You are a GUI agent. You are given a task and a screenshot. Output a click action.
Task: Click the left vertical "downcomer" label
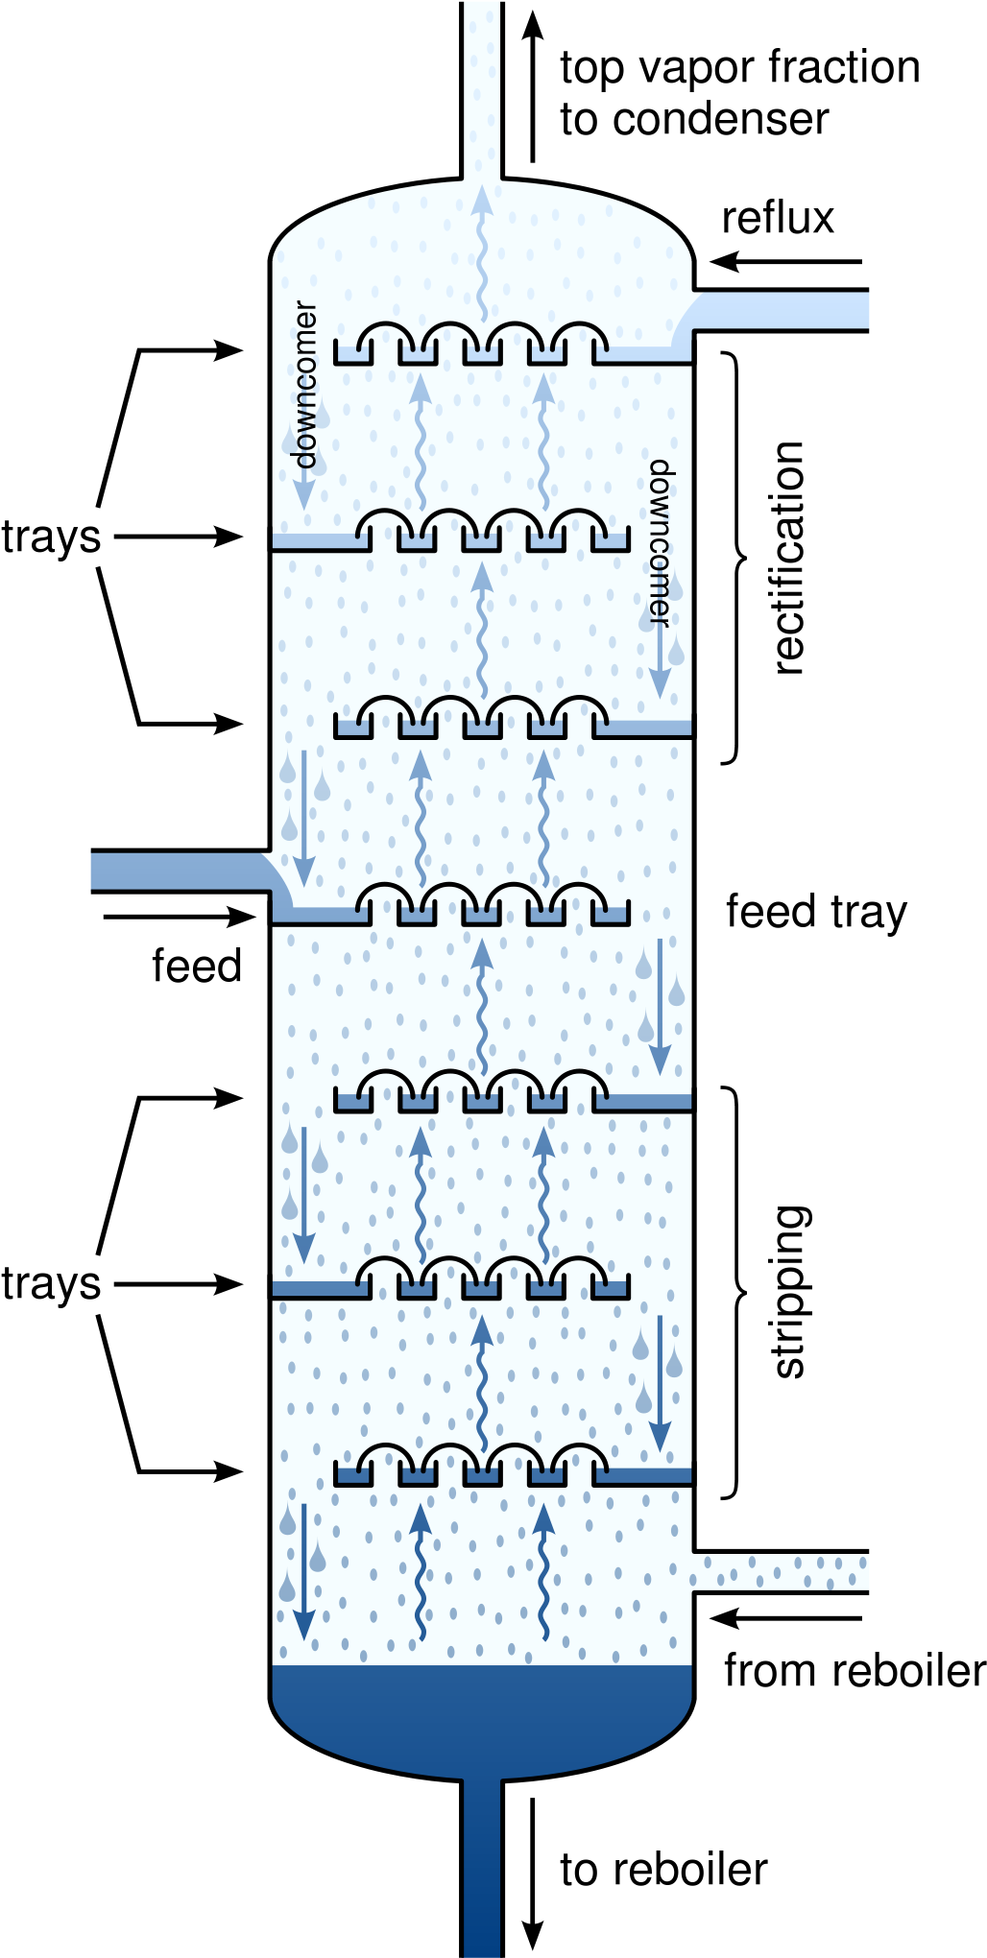pos(304,384)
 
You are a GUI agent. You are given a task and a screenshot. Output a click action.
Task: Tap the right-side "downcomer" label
pos(661,542)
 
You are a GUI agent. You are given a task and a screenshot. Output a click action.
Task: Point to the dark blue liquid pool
pos(482,1718)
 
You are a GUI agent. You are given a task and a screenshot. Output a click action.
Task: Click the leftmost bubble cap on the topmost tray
pos(386,338)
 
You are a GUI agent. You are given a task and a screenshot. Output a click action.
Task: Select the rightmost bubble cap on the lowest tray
pos(580,1459)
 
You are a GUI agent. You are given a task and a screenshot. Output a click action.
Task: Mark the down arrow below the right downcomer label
pos(660,662)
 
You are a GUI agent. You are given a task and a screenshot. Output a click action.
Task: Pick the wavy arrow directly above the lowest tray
pos(482,1382)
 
